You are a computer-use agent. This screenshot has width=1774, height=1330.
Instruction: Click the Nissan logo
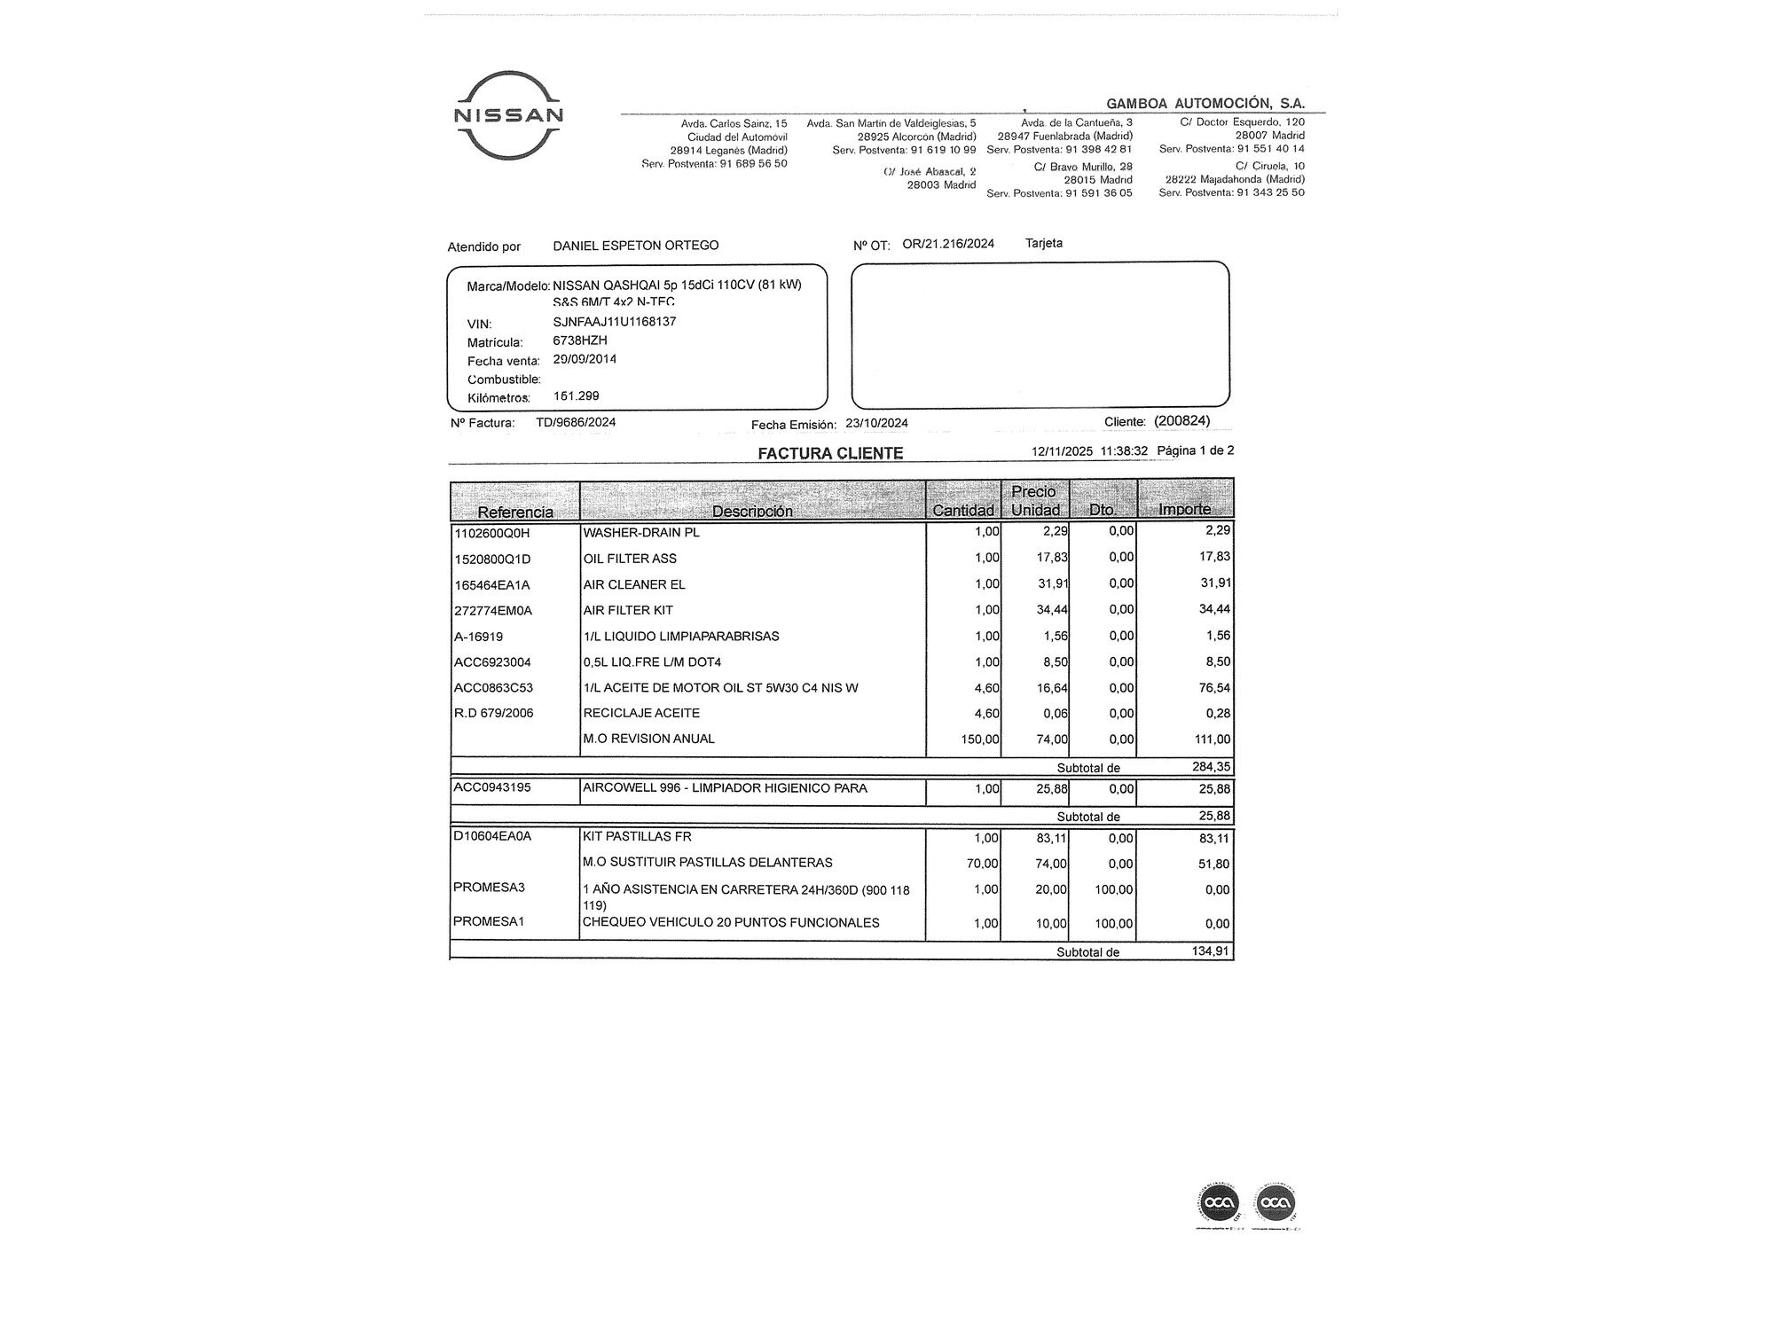508,115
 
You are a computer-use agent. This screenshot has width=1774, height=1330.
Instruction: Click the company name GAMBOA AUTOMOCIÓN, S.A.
1205,104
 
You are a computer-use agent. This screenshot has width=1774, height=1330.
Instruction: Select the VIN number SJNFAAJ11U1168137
614,322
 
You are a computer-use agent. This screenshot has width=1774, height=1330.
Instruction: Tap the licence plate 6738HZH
579,340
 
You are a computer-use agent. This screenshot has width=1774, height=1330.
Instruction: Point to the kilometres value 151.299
576,396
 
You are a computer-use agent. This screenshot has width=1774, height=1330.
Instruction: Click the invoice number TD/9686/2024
575,422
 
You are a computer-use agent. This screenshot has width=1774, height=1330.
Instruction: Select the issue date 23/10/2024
876,424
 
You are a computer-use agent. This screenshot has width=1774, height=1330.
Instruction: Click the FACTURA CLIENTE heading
830,453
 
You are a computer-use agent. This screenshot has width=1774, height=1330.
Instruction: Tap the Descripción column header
752,511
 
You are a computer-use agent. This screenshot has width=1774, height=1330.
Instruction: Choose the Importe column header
1184,509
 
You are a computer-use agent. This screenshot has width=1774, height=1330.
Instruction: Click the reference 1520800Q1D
492,559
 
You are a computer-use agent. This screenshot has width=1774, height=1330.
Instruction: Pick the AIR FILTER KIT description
628,610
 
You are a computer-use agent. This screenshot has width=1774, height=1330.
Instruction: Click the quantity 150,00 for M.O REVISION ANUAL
980,739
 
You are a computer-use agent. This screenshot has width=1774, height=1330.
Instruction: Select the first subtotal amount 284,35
1211,767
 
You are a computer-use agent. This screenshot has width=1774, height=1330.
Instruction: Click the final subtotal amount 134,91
1211,951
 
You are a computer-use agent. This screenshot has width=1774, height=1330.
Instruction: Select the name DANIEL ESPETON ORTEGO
635,246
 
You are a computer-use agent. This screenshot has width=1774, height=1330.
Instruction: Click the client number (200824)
1181,421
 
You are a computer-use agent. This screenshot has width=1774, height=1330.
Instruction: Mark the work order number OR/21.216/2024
947,244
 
